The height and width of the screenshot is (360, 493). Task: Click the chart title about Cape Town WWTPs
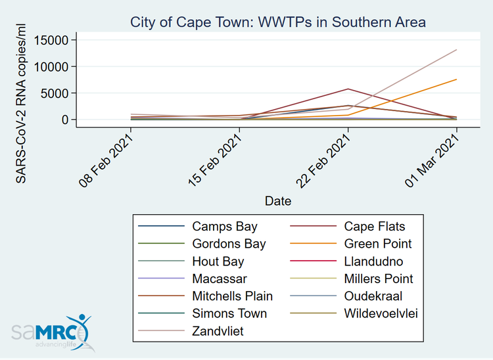click(279, 22)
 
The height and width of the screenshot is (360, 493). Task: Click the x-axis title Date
click(278, 200)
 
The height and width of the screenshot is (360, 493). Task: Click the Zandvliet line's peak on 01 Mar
click(457, 50)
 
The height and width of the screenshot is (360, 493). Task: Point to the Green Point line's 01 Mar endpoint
click(457, 79)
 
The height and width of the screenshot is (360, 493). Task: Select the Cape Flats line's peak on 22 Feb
click(348, 89)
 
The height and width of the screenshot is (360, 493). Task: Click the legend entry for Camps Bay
click(220, 227)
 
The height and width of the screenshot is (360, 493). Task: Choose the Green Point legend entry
click(378, 244)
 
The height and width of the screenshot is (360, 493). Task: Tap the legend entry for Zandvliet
click(218, 331)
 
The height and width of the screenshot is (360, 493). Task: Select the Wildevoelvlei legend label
click(381, 313)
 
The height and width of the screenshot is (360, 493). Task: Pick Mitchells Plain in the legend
click(232, 296)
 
